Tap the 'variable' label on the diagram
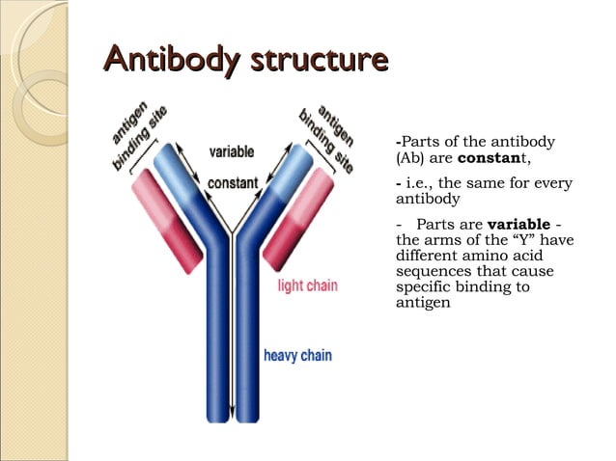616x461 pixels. pos(232,151)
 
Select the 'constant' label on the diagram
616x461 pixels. pos(232,181)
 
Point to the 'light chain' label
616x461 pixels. pos(307,285)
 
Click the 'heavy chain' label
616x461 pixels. pos(297,356)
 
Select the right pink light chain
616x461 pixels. pos(296,219)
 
